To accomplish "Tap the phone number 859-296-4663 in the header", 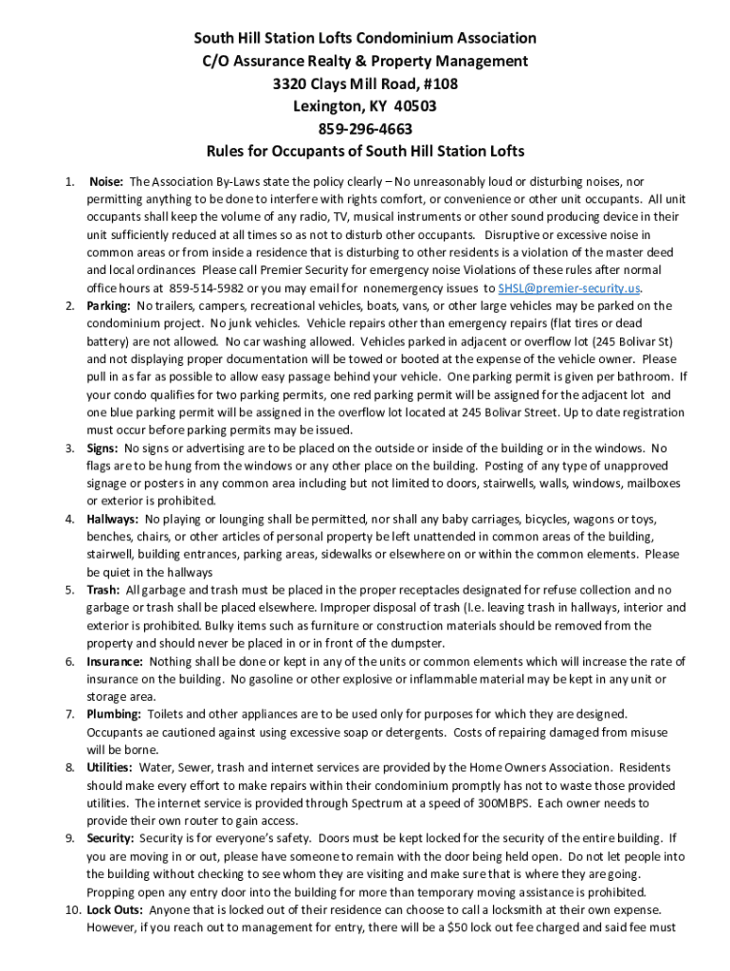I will [x=365, y=129].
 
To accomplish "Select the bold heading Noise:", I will [x=107, y=180].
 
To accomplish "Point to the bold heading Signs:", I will [x=103, y=448].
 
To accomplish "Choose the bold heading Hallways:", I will [x=113, y=519].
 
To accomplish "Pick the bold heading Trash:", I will [x=103, y=590].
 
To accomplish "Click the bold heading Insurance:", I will [x=116, y=661].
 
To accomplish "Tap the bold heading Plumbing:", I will [x=114, y=714].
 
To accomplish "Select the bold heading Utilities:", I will [x=110, y=767].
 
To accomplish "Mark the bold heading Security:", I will [x=111, y=838].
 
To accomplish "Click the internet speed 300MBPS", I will [x=507, y=803].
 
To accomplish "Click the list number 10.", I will [x=71, y=909].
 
